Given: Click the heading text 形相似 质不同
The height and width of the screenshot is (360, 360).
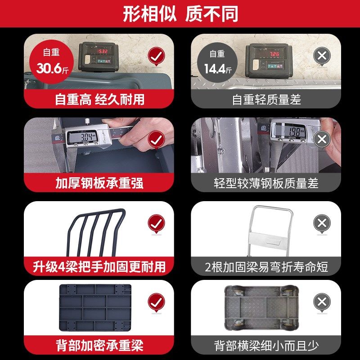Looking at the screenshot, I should pyautogui.click(x=180, y=14).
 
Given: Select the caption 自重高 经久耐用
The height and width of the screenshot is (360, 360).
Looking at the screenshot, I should pyautogui.click(x=99, y=99).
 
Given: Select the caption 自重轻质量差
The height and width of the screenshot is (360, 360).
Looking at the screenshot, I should pyautogui.click(x=266, y=99).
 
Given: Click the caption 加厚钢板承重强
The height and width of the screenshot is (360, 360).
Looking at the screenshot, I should pyautogui.click(x=99, y=183).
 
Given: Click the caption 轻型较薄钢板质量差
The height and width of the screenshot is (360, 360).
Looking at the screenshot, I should pyautogui.click(x=266, y=183).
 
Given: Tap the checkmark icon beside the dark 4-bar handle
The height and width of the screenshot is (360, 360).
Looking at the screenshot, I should pyautogui.click(x=156, y=224).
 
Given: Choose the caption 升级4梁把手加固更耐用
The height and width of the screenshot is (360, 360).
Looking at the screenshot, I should pyautogui.click(x=99, y=266).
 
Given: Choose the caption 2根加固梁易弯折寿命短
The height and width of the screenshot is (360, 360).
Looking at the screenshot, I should pyautogui.click(x=266, y=266).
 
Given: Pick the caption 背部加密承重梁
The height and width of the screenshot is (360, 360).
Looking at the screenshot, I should pyautogui.click(x=99, y=346).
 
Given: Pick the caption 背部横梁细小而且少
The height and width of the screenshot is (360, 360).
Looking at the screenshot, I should pyautogui.click(x=266, y=346).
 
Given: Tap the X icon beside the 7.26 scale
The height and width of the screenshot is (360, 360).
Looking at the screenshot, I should pyautogui.click(x=322, y=56).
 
